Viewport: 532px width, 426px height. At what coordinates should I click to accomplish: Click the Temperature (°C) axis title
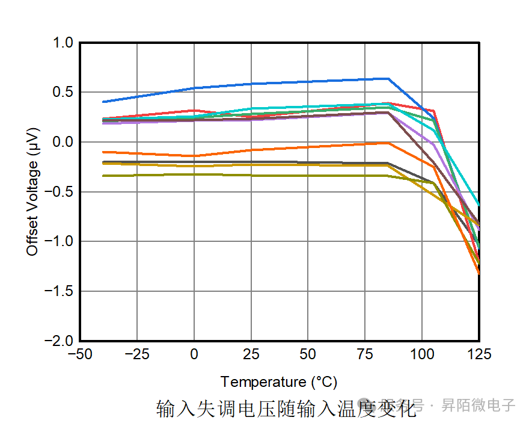279,382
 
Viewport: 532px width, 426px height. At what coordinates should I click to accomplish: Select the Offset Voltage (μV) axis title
32,191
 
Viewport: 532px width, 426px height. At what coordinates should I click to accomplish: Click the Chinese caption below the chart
286,409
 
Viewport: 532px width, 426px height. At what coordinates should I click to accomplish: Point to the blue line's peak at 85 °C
388,78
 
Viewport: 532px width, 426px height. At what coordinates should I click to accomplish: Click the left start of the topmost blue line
104,102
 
